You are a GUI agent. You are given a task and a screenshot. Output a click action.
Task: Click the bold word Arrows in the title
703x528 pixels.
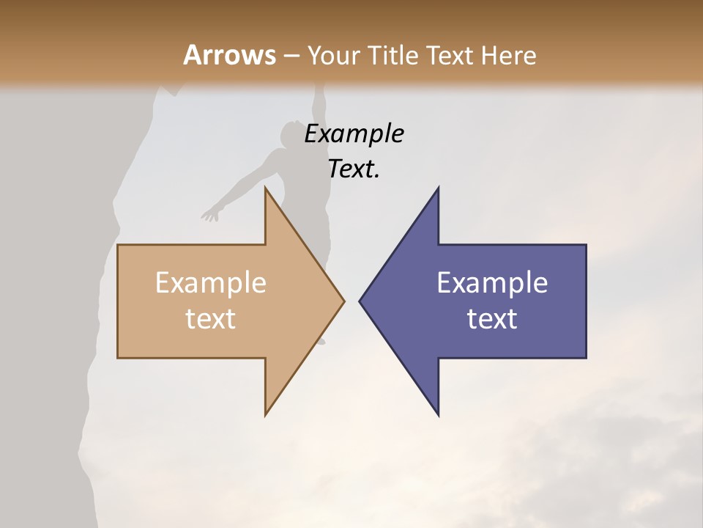pyautogui.click(x=230, y=55)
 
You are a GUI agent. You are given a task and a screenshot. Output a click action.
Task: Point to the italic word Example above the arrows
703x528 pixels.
pyautogui.click(x=354, y=133)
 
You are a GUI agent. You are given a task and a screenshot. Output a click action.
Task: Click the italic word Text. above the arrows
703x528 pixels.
pyautogui.click(x=354, y=169)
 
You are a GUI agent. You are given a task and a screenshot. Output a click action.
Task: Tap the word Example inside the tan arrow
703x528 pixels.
pyautogui.click(x=211, y=283)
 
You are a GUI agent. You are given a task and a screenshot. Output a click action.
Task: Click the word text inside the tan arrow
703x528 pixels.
pyautogui.click(x=211, y=319)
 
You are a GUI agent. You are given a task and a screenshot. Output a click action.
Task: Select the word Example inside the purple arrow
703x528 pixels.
pyautogui.click(x=492, y=283)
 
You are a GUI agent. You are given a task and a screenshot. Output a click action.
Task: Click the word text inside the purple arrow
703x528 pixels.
pyautogui.click(x=492, y=319)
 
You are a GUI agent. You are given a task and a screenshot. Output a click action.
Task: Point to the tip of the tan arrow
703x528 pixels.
pyautogui.click(x=343, y=301)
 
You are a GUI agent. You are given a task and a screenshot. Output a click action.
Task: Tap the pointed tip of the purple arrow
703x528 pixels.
pyautogui.click(x=360, y=301)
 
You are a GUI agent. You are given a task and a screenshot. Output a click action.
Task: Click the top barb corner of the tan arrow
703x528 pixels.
pyautogui.click(x=266, y=188)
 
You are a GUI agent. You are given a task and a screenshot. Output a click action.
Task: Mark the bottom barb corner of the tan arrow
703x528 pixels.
pyautogui.click(x=266, y=414)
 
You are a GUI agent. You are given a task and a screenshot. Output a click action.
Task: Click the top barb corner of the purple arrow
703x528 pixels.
pyautogui.click(x=438, y=188)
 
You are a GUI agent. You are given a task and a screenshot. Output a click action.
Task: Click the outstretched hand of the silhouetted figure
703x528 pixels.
pyautogui.click(x=211, y=214)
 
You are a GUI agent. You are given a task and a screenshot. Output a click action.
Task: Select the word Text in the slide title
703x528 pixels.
pyautogui.click(x=454, y=55)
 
